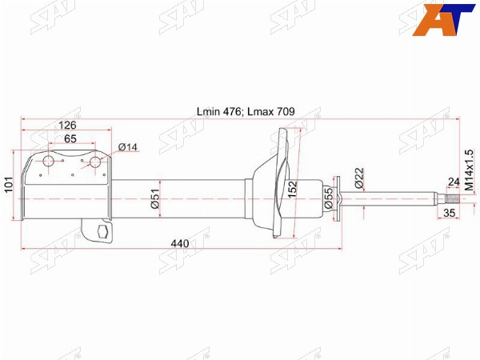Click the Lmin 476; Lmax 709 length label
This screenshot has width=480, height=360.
246,112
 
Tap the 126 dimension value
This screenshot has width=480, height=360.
67,126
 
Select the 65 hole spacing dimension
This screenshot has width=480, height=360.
70,138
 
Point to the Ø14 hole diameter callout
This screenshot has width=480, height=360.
128,147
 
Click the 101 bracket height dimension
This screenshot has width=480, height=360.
9,185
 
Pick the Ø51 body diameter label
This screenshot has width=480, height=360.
155,199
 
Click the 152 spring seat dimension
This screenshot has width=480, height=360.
292,189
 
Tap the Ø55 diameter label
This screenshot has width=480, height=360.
328,198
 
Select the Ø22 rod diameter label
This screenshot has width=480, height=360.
359,178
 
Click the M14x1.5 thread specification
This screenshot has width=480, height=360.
469,170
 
